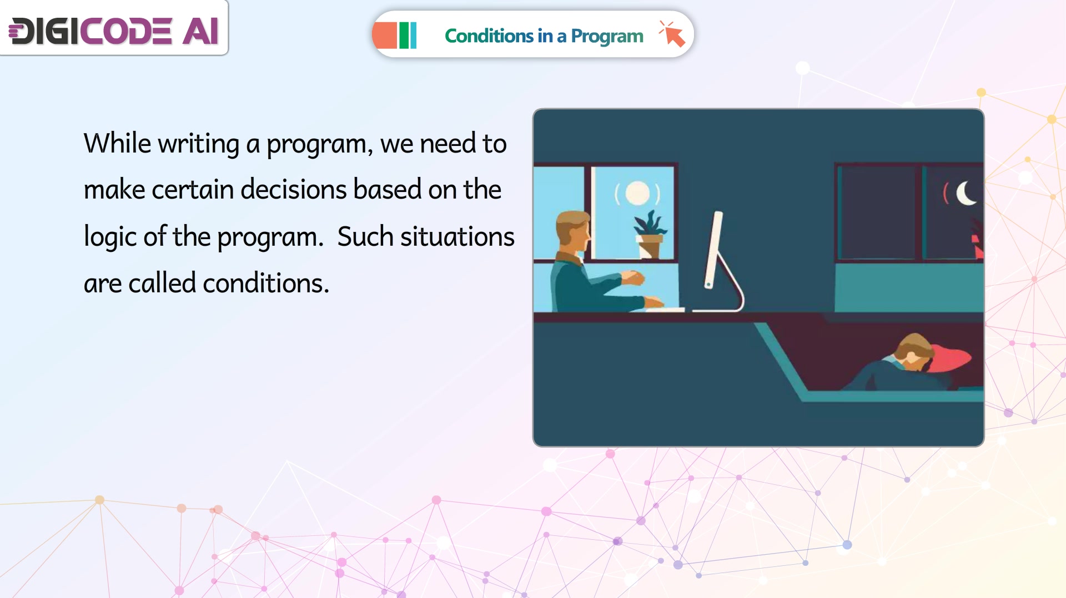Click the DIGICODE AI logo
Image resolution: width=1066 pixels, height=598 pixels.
[x=113, y=31]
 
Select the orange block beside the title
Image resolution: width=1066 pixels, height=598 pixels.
[x=385, y=36]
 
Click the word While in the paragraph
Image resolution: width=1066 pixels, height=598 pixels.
[x=117, y=143]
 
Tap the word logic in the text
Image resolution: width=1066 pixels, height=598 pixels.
[x=109, y=237]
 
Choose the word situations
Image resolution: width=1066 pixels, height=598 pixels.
[x=457, y=237]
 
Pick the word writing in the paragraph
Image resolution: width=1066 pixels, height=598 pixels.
[x=199, y=144]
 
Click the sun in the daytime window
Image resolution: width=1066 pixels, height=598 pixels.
[x=637, y=193]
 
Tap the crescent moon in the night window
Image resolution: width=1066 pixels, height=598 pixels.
[x=967, y=193]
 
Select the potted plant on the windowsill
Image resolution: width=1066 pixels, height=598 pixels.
[x=650, y=234]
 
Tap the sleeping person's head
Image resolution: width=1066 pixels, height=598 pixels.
[x=914, y=351]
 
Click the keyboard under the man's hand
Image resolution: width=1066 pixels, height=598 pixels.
[x=665, y=309]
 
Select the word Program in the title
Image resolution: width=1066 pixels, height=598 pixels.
[x=607, y=37]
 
